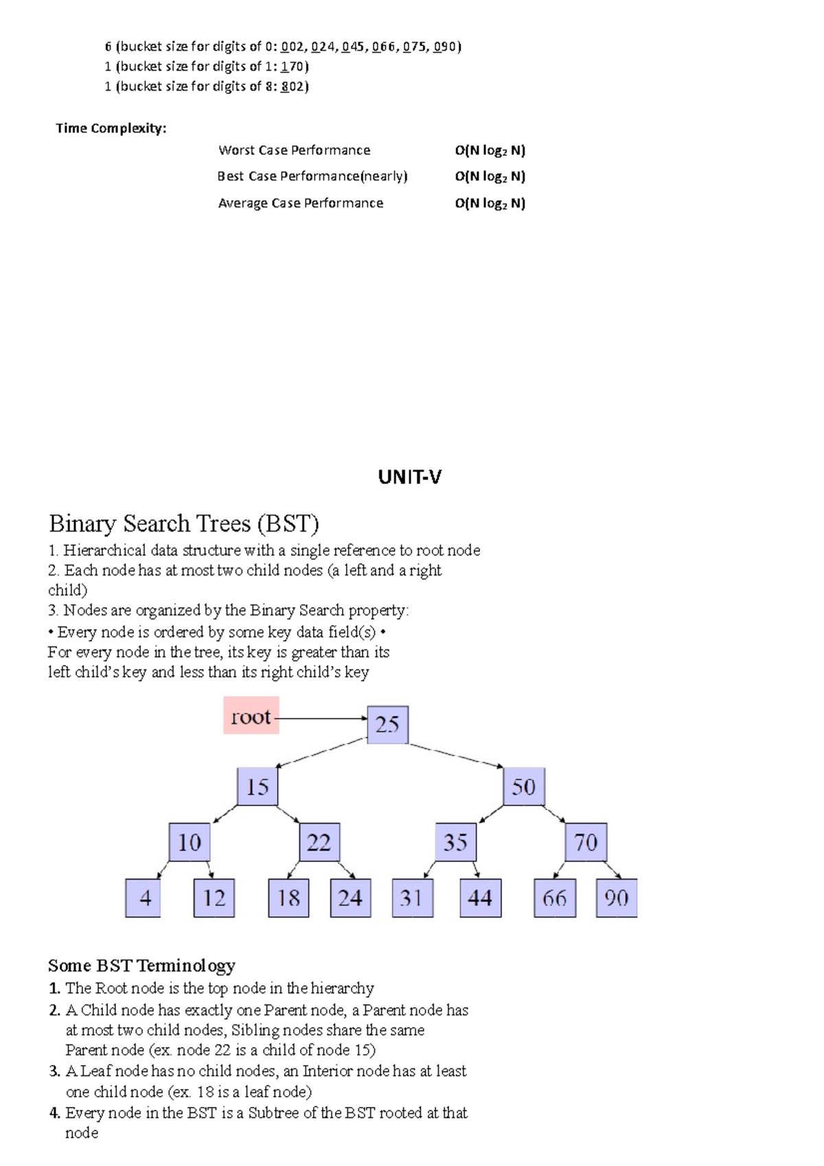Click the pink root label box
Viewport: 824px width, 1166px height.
coord(251,716)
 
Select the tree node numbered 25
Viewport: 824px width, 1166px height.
coord(387,724)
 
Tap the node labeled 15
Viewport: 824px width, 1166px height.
coord(257,787)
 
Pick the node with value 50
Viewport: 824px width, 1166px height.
coord(524,787)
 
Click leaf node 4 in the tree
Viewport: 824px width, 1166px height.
coord(144,898)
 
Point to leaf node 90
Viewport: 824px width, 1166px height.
coord(616,898)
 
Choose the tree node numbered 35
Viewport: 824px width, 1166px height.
coord(455,843)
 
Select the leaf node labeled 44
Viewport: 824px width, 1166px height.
coord(480,898)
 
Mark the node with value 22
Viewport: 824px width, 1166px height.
coord(319,843)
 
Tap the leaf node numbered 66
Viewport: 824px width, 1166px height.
coord(555,898)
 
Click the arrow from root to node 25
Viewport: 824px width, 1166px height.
coord(321,718)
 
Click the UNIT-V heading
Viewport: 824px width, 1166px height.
coord(410,477)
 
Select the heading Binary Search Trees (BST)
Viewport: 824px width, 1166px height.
coord(184,524)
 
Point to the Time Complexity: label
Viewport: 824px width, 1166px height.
coord(111,128)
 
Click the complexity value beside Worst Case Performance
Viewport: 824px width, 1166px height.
coord(490,150)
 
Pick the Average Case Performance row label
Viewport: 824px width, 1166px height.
coord(301,203)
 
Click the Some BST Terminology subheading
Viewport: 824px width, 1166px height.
coord(141,965)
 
